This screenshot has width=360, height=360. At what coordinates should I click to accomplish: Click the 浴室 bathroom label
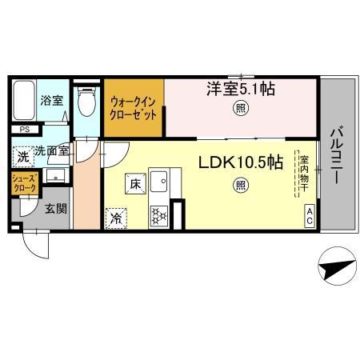52,102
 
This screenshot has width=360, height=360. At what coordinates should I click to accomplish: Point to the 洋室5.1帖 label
240,90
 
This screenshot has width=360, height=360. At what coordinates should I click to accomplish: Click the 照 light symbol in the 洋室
239,108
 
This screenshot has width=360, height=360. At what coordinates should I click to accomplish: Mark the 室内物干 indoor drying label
303,172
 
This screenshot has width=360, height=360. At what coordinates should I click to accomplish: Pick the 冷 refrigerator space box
115,216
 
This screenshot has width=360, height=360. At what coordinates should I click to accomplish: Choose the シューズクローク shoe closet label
22,183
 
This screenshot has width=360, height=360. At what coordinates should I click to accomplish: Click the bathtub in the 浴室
24,100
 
